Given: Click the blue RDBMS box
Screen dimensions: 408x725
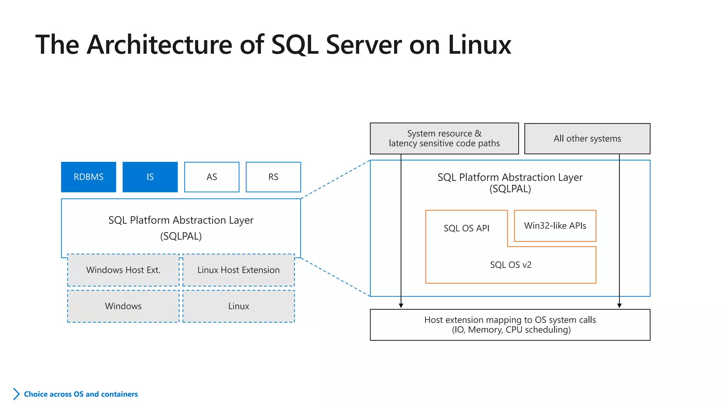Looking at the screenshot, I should point(89,177).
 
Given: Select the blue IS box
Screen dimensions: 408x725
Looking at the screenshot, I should point(150,177).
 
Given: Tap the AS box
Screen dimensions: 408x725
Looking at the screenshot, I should point(212,177).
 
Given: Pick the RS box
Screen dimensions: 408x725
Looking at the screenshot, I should point(273,177).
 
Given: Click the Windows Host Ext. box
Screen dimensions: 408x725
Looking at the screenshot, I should point(123,270).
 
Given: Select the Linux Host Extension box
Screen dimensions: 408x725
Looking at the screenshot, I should point(239,270).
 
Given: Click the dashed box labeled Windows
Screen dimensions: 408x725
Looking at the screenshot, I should point(123,306).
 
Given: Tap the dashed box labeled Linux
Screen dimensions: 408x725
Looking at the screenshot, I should point(239,306).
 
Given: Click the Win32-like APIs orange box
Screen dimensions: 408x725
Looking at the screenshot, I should point(555,226).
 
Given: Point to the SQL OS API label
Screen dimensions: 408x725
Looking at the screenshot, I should point(467,228).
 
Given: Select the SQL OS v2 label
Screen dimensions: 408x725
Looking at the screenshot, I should point(510,265).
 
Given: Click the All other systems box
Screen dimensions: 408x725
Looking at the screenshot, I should point(587,138).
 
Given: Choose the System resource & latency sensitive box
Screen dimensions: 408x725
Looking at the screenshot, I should point(444,138).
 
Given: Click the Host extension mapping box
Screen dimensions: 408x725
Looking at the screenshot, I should point(510,325).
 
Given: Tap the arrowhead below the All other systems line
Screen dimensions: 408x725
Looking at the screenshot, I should point(619,306).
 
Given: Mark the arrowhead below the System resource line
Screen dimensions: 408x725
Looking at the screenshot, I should point(401,306).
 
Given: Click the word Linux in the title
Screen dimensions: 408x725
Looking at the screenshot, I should point(479,45).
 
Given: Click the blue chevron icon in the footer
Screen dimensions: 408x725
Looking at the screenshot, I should point(16,394).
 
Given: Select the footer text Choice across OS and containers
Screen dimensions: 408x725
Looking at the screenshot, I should point(81,394).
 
